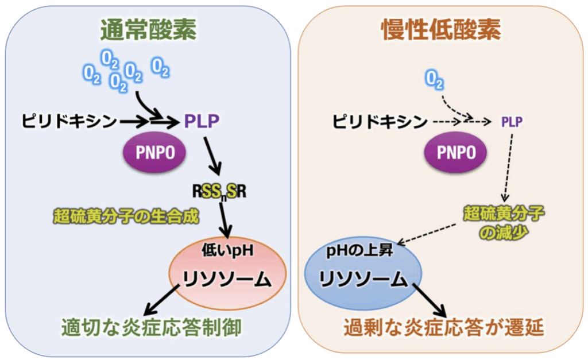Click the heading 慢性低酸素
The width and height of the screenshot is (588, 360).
tap(440, 29)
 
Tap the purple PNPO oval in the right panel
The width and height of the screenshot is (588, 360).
tap(457, 152)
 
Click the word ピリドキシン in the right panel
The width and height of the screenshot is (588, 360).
tap(381, 121)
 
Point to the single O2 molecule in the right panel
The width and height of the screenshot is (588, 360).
tap(435, 80)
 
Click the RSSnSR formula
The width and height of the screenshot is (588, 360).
tap(220, 191)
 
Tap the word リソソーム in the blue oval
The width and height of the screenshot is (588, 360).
tap(363, 278)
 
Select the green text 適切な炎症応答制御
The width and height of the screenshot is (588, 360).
tap(150, 327)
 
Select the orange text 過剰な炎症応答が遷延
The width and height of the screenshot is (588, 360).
tap(443, 328)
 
